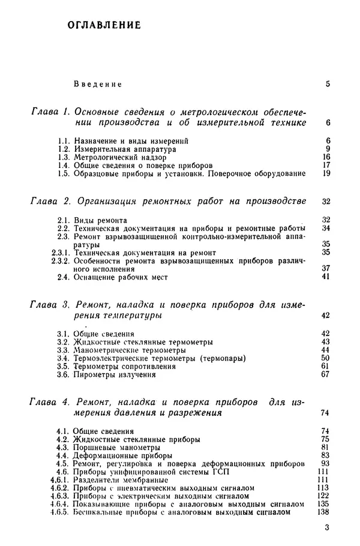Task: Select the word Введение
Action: pyautogui.click(x=98, y=84)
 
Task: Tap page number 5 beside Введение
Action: pyautogui.click(x=328, y=83)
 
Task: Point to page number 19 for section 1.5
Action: pyautogui.click(x=326, y=173)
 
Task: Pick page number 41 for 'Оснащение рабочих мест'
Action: pyautogui.click(x=326, y=277)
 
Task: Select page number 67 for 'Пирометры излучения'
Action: pyautogui.click(x=326, y=374)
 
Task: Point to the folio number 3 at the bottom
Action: pyautogui.click(x=326, y=528)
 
